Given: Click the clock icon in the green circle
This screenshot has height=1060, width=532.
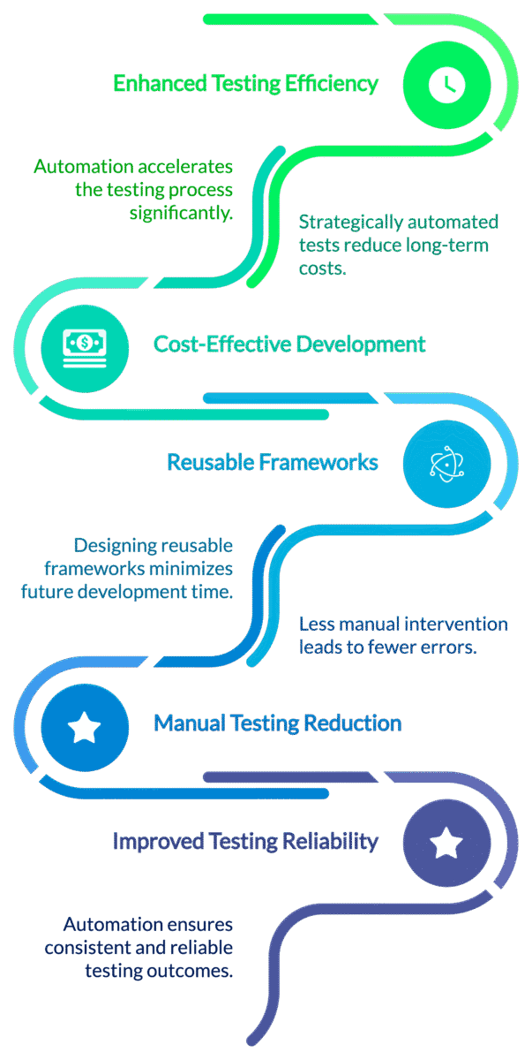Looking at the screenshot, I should click(446, 84).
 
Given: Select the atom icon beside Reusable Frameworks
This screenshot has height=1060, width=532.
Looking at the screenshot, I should click(446, 463).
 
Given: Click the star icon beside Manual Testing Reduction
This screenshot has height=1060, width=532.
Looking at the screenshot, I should click(85, 728).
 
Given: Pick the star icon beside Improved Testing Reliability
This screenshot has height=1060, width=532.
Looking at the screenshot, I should click(446, 843).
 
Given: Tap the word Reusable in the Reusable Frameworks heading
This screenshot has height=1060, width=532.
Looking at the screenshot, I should click(210, 462).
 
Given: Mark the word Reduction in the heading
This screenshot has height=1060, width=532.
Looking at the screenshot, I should click(352, 723).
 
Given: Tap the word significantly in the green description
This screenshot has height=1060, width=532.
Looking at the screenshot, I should click(181, 213).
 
